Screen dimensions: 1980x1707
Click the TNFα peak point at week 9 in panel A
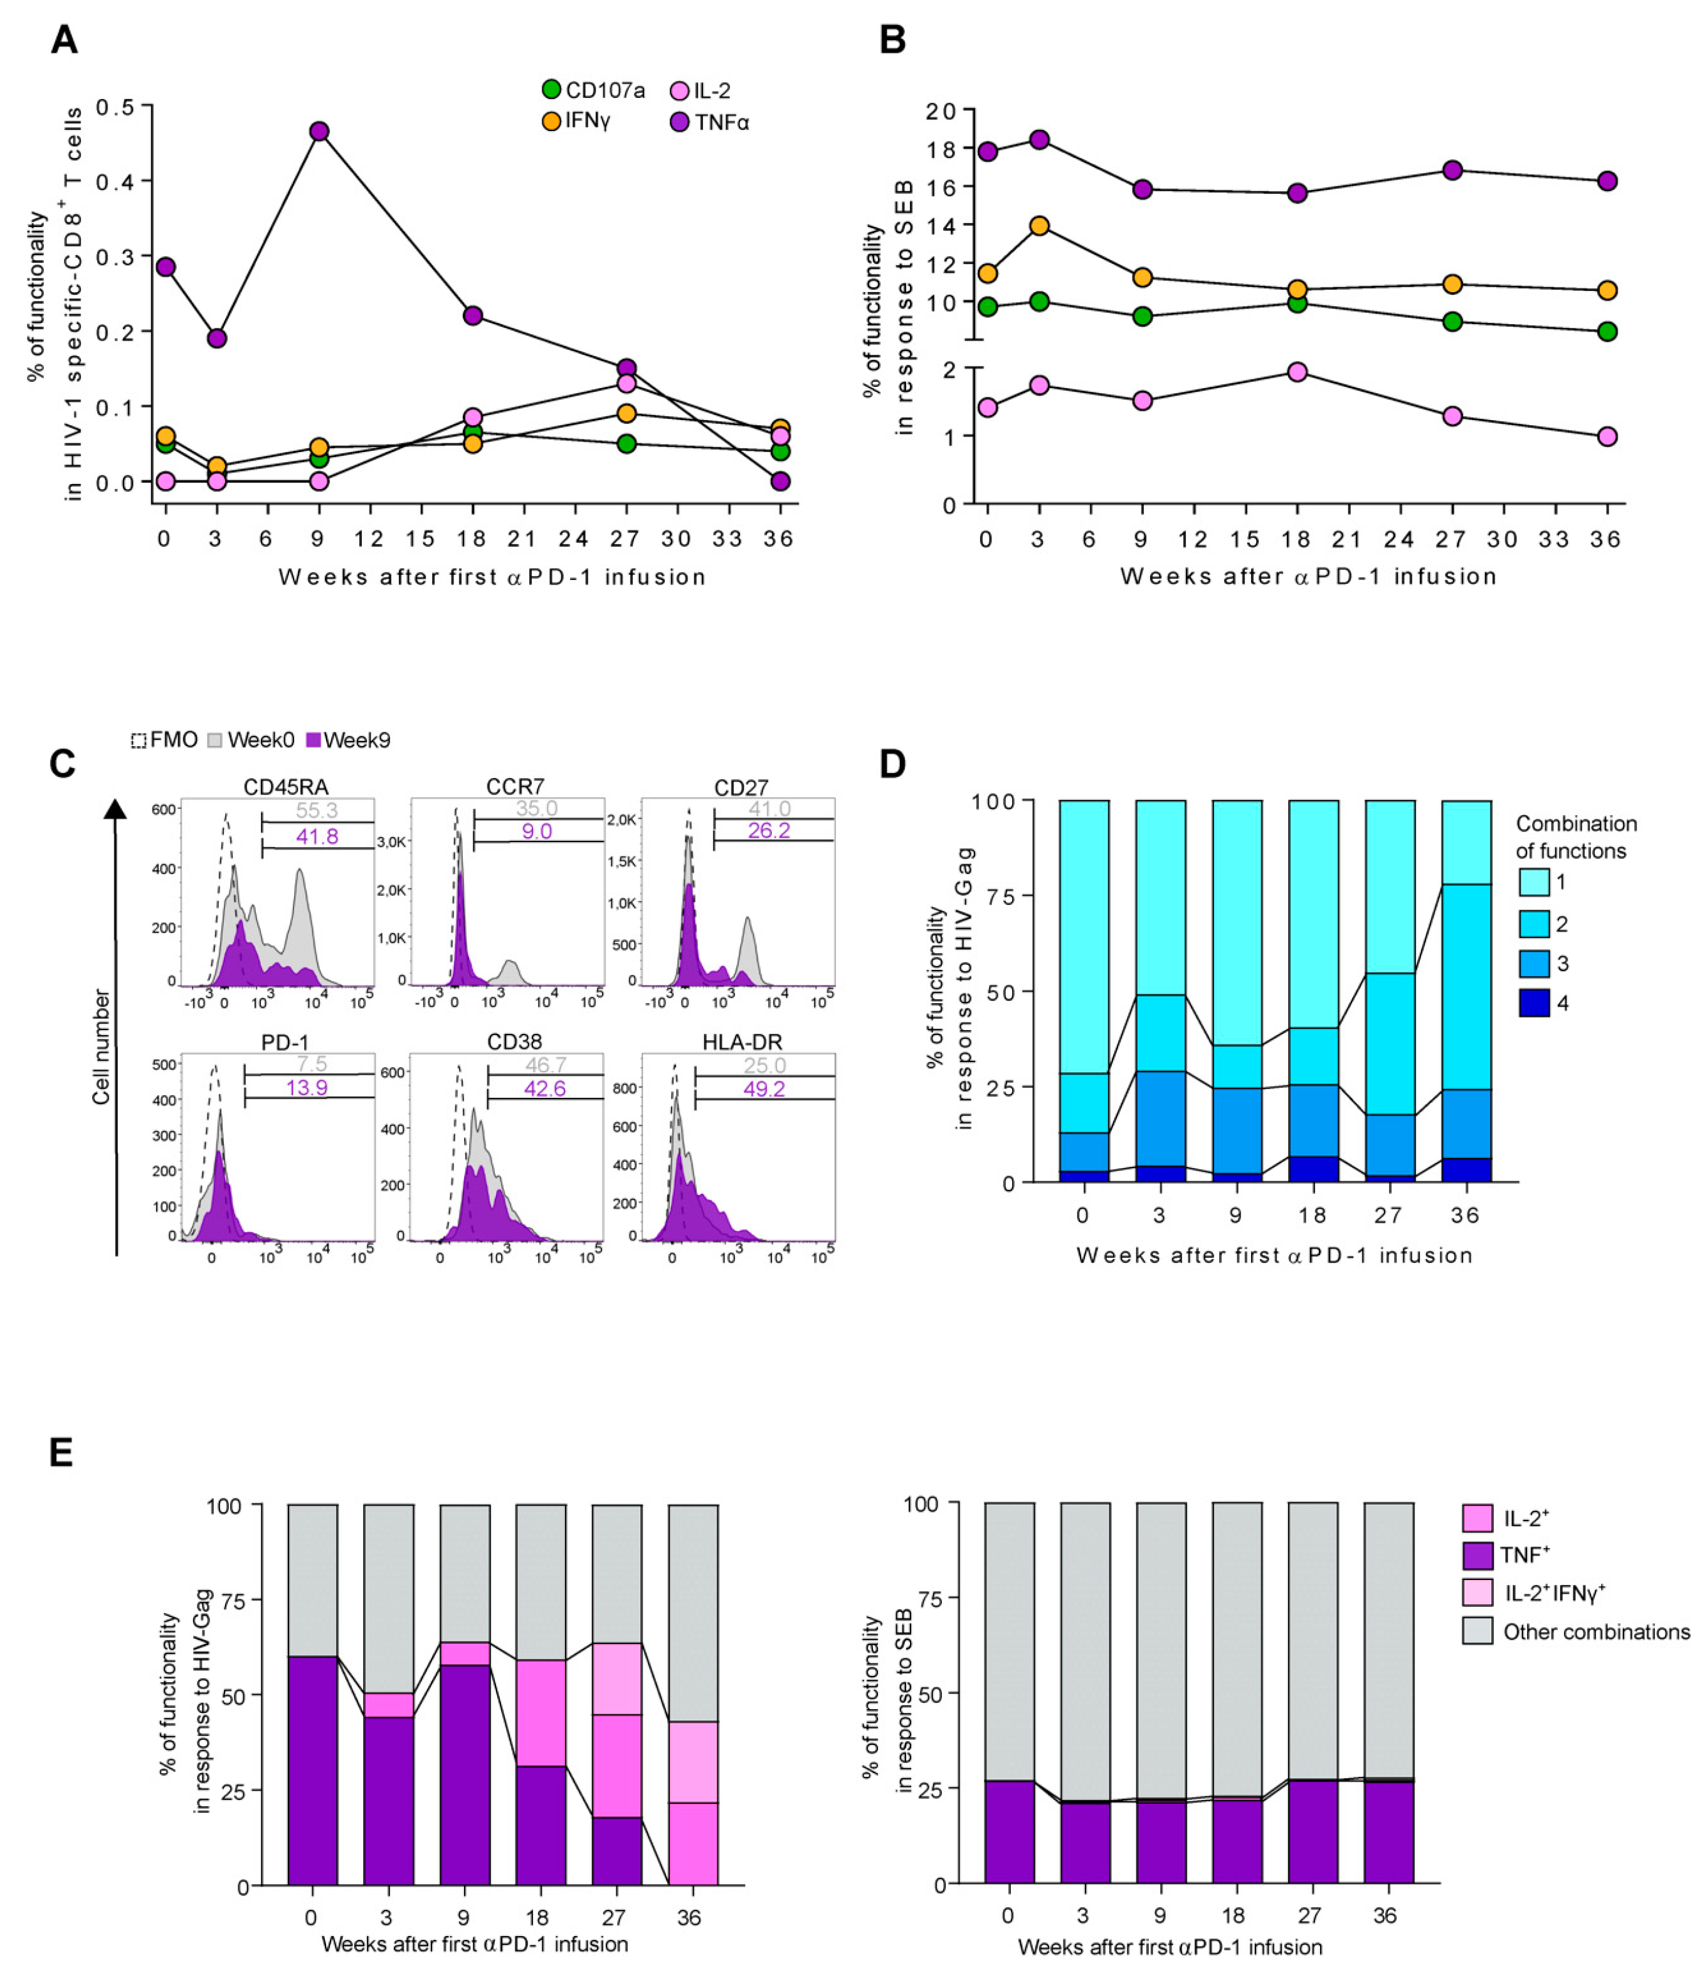point(319,131)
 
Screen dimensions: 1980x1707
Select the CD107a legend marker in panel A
point(551,90)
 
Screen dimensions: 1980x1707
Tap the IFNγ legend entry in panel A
point(551,122)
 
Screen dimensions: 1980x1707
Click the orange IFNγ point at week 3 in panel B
point(1039,226)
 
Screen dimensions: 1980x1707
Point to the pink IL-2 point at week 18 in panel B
point(1297,372)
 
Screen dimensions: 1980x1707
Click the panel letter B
point(892,40)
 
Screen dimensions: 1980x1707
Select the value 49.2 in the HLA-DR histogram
point(764,1088)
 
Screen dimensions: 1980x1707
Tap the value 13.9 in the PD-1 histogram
point(307,1087)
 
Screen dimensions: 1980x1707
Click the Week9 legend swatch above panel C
point(312,740)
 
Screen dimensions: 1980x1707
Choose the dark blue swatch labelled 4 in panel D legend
point(1534,1003)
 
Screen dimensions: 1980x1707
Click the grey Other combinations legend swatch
point(1477,1631)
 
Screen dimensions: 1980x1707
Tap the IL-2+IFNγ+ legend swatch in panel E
point(1477,1592)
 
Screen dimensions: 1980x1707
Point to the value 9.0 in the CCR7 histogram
point(537,831)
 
